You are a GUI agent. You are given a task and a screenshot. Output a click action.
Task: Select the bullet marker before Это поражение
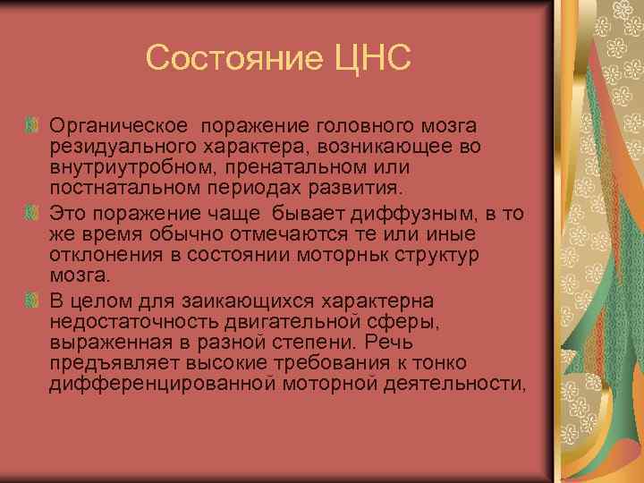32,215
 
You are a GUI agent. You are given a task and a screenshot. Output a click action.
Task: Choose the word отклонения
99,257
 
